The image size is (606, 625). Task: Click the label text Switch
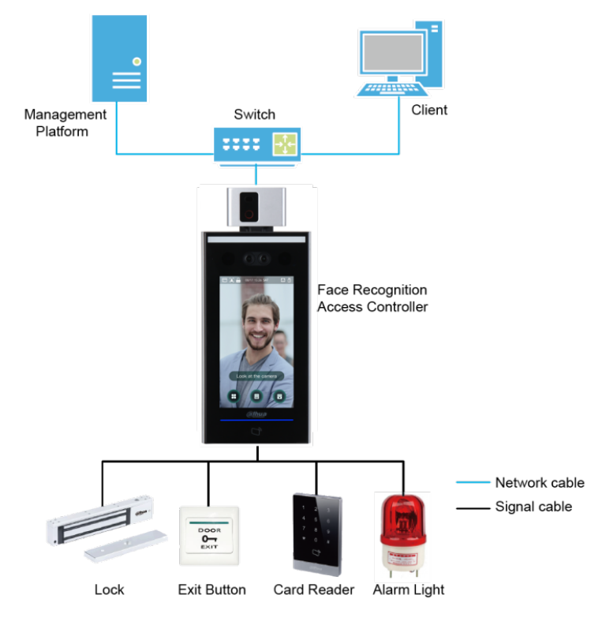coord(254,114)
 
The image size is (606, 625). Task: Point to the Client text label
coord(429,110)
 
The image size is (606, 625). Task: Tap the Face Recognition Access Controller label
coord(372,298)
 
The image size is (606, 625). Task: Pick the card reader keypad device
coord(317,532)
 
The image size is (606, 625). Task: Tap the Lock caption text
coord(109,589)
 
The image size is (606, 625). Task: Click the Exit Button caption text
coord(211,589)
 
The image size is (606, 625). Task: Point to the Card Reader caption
coord(313,589)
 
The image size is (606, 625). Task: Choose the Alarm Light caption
coord(408,589)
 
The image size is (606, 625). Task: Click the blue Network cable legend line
coord(473,483)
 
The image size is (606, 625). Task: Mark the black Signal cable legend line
coord(473,507)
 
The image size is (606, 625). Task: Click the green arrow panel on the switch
coord(283,144)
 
